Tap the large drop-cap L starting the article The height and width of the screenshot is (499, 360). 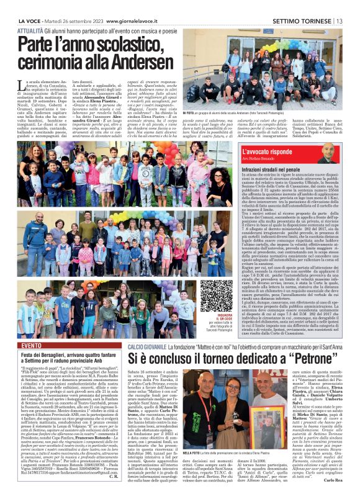tap(22, 88)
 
